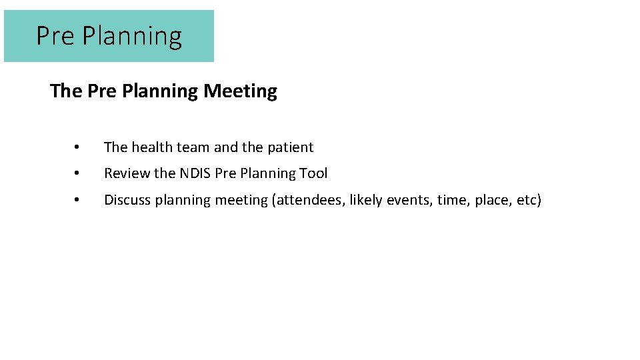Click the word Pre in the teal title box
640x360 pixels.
click(x=56, y=36)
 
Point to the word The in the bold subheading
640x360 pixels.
click(x=66, y=91)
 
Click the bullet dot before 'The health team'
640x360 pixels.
click(x=77, y=147)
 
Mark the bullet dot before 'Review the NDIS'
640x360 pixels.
click(x=77, y=173)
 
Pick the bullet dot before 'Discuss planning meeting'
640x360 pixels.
click(x=77, y=200)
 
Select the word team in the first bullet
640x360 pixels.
click(x=193, y=147)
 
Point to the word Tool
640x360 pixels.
click(x=313, y=173)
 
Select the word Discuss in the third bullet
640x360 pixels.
click(x=127, y=200)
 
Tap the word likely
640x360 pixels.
click(x=367, y=201)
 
